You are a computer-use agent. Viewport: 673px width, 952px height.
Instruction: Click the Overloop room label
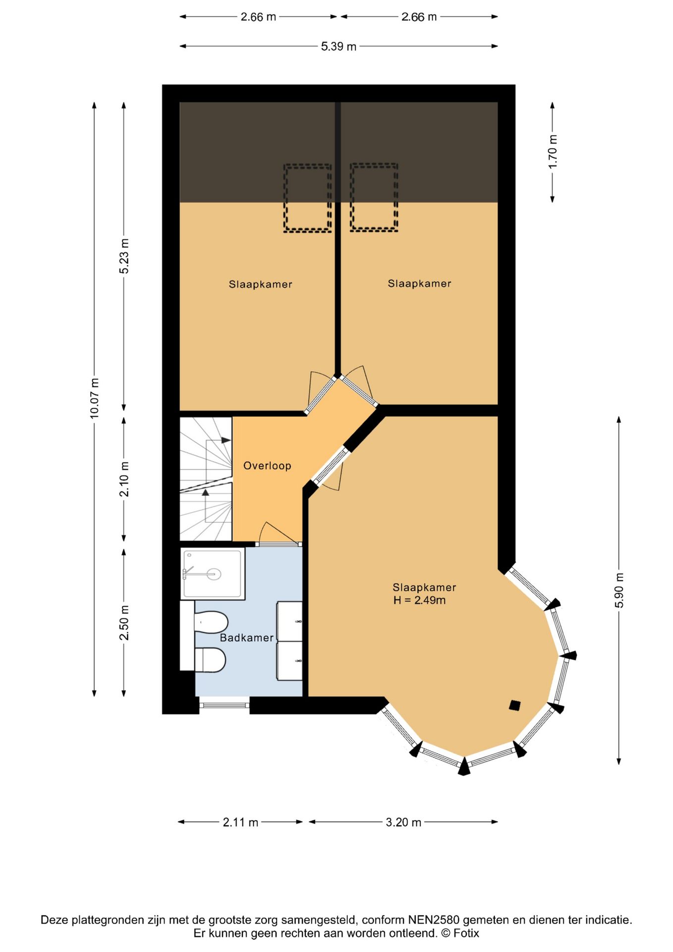click(x=267, y=466)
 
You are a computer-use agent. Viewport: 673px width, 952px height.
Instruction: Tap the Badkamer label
click(x=246, y=638)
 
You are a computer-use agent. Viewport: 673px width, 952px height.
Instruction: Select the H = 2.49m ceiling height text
click(x=419, y=600)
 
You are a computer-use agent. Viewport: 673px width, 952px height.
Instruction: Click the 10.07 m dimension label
click(x=94, y=398)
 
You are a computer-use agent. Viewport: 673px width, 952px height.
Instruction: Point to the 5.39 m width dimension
click(x=338, y=46)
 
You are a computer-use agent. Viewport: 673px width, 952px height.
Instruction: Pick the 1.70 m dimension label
click(x=553, y=152)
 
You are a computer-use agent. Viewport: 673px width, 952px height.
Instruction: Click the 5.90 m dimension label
click(x=619, y=590)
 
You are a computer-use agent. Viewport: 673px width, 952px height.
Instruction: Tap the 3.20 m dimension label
click(x=403, y=822)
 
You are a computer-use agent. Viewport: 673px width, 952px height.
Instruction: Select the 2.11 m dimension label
click(x=240, y=822)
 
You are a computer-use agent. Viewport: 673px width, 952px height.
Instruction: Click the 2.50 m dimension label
click(x=124, y=623)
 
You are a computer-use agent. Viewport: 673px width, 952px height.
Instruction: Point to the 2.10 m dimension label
click(x=124, y=479)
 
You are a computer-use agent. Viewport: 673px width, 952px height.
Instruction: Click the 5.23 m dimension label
click(x=124, y=256)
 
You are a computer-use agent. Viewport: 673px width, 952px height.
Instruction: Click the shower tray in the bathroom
click(x=213, y=574)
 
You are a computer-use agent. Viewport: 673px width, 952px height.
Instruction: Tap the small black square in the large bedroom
click(x=515, y=705)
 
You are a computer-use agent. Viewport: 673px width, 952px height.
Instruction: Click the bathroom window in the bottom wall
click(x=224, y=705)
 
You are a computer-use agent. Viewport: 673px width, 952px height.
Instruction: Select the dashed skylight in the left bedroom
click(x=307, y=198)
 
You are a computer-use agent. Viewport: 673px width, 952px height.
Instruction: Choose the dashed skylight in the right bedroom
click(x=374, y=197)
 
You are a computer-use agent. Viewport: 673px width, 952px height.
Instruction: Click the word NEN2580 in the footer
click(x=434, y=920)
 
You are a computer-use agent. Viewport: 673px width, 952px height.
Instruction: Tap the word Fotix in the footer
click(x=466, y=933)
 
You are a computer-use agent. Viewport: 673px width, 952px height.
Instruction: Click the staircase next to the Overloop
click(x=206, y=479)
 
